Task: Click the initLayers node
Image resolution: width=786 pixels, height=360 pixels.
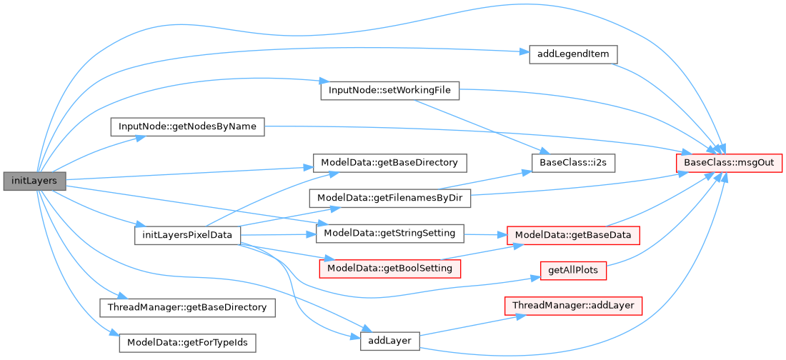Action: tap(35, 181)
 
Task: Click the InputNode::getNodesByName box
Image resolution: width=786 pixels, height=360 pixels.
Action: tap(187, 127)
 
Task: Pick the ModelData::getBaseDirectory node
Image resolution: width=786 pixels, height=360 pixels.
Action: tap(390, 162)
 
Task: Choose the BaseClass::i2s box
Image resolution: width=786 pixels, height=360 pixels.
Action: tap(573, 162)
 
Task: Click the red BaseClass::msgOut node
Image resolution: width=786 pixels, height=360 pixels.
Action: tap(730, 163)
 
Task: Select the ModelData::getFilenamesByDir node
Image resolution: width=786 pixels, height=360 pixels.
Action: tap(390, 198)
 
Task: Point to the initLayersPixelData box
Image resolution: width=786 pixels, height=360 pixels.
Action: tap(187, 235)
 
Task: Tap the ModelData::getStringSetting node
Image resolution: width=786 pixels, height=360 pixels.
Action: tap(390, 233)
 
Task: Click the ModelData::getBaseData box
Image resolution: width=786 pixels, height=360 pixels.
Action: tap(572, 234)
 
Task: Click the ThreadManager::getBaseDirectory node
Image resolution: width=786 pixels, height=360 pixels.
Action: tap(187, 307)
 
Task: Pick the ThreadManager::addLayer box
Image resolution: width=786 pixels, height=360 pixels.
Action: tap(573, 306)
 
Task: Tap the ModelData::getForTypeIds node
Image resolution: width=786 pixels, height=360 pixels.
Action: tap(187, 342)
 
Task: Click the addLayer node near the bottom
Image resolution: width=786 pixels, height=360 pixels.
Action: tap(389, 341)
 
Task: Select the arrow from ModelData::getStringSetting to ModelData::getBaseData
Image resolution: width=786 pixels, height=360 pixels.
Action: tap(486, 234)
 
